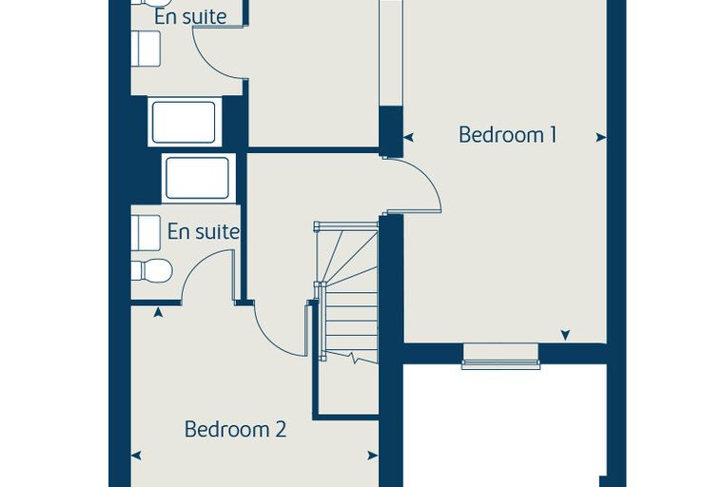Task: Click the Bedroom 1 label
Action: tap(508, 135)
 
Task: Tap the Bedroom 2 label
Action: tap(235, 429)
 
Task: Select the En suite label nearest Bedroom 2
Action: tap(204, 231)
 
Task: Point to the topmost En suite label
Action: tap(190, 16)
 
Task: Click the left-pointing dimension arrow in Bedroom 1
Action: tap(409, 137)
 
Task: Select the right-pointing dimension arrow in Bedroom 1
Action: tap(601, 137)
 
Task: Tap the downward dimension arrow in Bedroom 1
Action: tap(565, 335)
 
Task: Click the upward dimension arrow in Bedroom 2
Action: tap(158, 313)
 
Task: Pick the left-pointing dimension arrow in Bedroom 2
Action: tap(136, 456)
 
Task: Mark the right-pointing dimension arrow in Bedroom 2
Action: tap(373, 456)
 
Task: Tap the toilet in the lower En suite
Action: tap(151, 270)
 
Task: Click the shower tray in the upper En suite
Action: tap(184, 122)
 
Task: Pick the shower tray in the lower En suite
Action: tap(198, 178)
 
